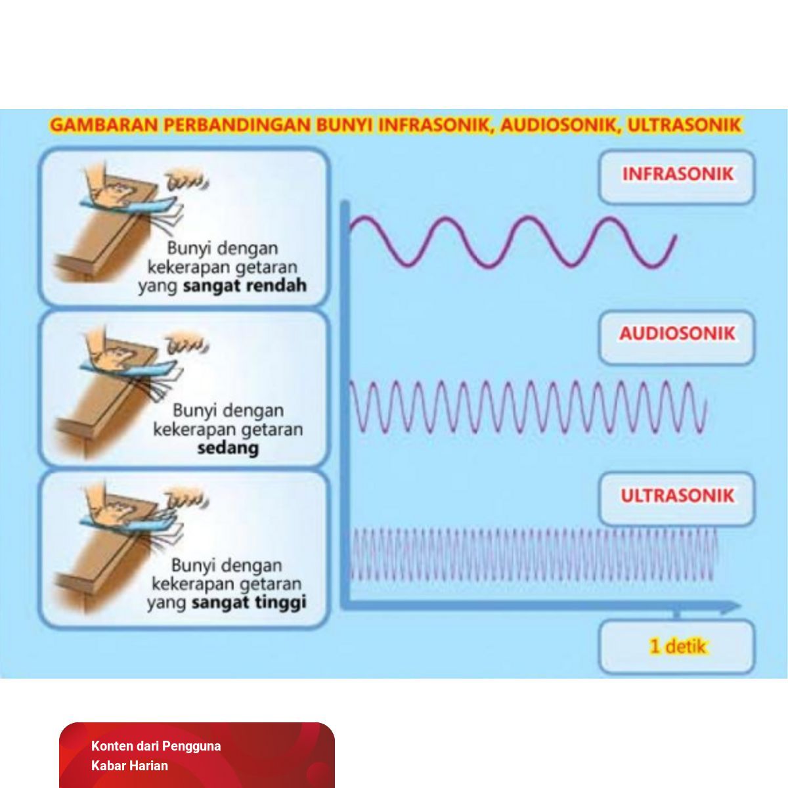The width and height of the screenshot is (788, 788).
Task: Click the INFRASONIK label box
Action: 676,177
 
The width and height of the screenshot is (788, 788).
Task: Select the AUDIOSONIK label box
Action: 676,337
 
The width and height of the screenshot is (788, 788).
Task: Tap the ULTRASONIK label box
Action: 676,498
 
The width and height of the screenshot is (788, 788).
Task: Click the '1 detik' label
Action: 678,647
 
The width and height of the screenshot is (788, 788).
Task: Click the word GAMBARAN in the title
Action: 104,125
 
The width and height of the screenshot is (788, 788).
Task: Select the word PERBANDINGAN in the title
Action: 238,125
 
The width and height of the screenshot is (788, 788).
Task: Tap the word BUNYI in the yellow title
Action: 345,125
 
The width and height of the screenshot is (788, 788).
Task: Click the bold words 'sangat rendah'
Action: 244,286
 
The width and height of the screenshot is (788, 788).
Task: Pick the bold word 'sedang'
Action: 228,449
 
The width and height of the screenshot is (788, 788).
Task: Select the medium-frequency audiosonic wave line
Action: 527,407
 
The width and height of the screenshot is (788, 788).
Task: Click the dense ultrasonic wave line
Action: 534,554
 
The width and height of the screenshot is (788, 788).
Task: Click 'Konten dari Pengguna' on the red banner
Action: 156,746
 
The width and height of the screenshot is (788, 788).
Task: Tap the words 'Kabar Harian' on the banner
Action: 129,766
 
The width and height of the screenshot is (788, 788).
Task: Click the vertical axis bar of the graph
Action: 345,405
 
